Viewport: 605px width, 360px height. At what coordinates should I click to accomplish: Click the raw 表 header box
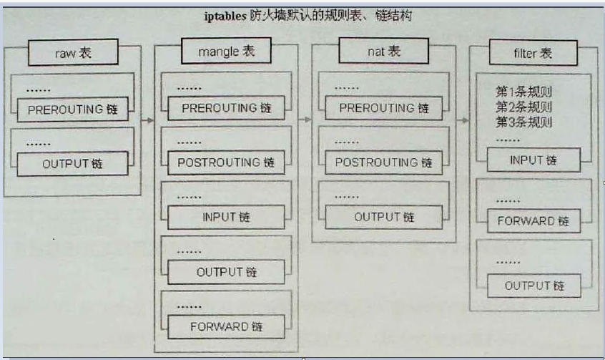72,53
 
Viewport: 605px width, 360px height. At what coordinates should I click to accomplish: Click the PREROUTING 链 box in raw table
72,111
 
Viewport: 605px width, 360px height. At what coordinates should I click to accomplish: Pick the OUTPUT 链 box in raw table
72,163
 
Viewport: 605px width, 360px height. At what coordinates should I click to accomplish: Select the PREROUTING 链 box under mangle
226,108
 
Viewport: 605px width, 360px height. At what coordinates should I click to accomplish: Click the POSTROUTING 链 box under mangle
226,162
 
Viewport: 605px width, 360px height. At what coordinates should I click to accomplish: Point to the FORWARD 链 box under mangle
226,326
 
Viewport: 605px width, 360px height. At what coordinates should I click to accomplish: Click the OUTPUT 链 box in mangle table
226,272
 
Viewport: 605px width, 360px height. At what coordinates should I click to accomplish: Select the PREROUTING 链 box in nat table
384,108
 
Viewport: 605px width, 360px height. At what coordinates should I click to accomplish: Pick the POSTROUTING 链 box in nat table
384,162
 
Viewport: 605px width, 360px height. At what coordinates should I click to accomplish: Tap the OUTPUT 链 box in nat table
384,217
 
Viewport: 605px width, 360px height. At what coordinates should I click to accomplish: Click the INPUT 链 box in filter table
533,160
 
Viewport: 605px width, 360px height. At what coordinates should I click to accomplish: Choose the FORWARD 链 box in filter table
533,220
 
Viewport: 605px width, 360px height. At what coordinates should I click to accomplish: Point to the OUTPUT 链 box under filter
533,286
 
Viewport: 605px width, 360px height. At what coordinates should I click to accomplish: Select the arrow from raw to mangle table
147,120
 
